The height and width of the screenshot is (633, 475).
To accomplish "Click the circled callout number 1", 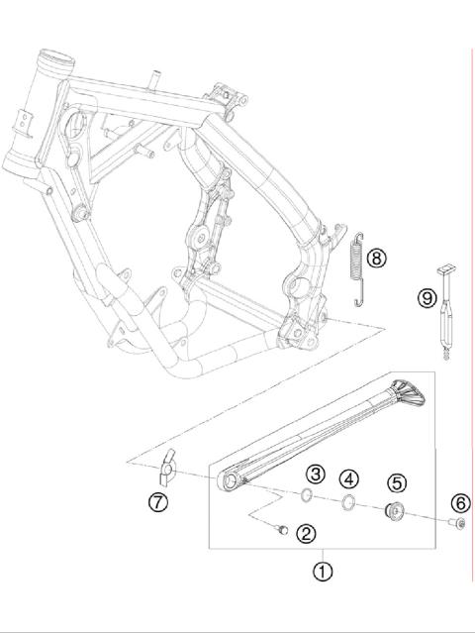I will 322,572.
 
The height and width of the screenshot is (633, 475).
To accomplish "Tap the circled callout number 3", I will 315,475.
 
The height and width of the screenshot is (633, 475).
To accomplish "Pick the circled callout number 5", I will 396,483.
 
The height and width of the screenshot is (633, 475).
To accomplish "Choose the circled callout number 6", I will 460,502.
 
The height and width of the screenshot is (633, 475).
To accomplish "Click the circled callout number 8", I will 376,259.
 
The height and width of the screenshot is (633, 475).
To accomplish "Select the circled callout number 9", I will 427,297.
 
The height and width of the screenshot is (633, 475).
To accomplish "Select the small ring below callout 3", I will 308,497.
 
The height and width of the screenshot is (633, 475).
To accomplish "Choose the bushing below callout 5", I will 393,510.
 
